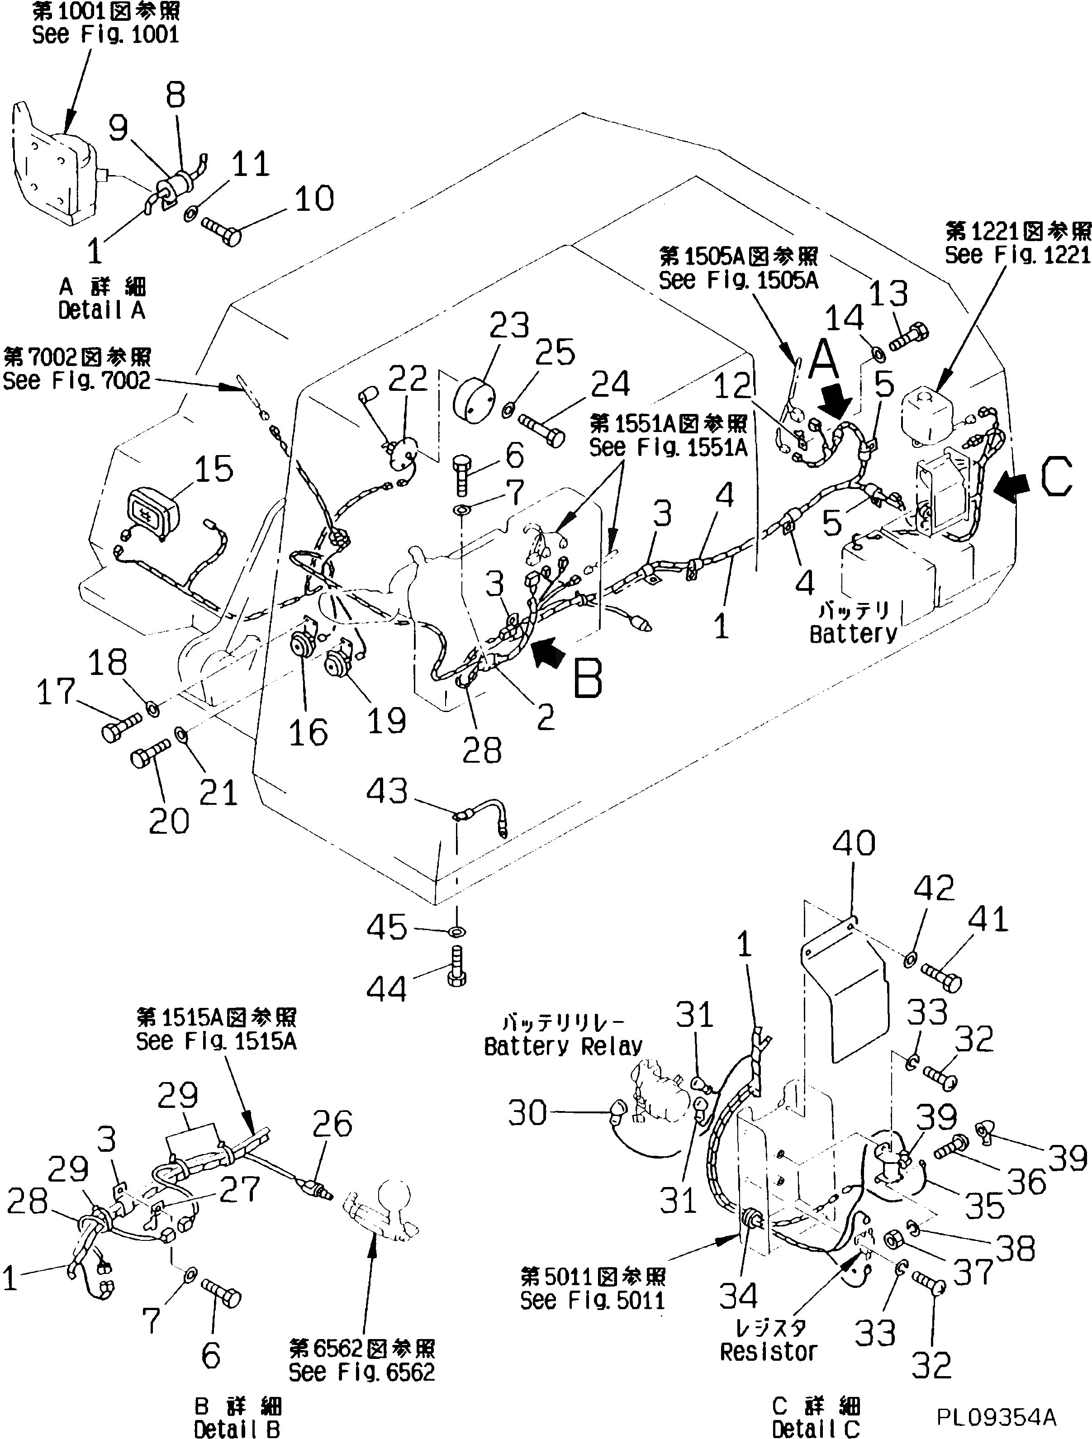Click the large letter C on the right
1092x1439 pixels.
click(1055, 478)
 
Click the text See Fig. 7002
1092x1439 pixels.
click(77, 380)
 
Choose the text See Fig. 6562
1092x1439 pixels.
click(361, 1373)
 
